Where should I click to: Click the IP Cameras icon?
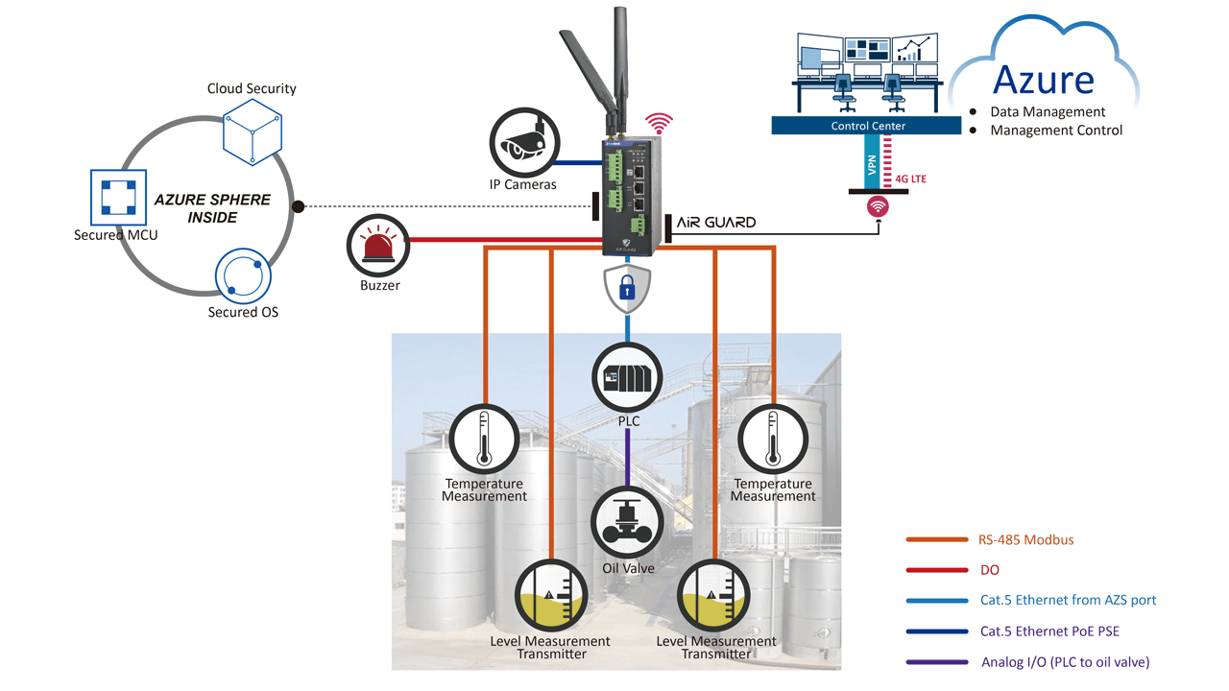(x=521, y=141)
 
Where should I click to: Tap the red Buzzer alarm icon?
(x=379, y=245)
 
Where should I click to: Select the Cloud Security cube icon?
(x=252, y=131)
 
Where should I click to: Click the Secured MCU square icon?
(x=116, y=198)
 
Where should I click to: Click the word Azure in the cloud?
(x=1043, y=79)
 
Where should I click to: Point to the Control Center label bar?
(x=867, y=126)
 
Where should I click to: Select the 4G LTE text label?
(x=910, y=179)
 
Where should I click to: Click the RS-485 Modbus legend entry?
(x=1026, y=539)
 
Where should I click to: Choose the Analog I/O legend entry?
(x=1065, y=662)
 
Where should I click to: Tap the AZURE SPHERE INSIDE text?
(x=212, y=208)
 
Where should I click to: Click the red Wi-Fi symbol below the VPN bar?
(x=878, y=206)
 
